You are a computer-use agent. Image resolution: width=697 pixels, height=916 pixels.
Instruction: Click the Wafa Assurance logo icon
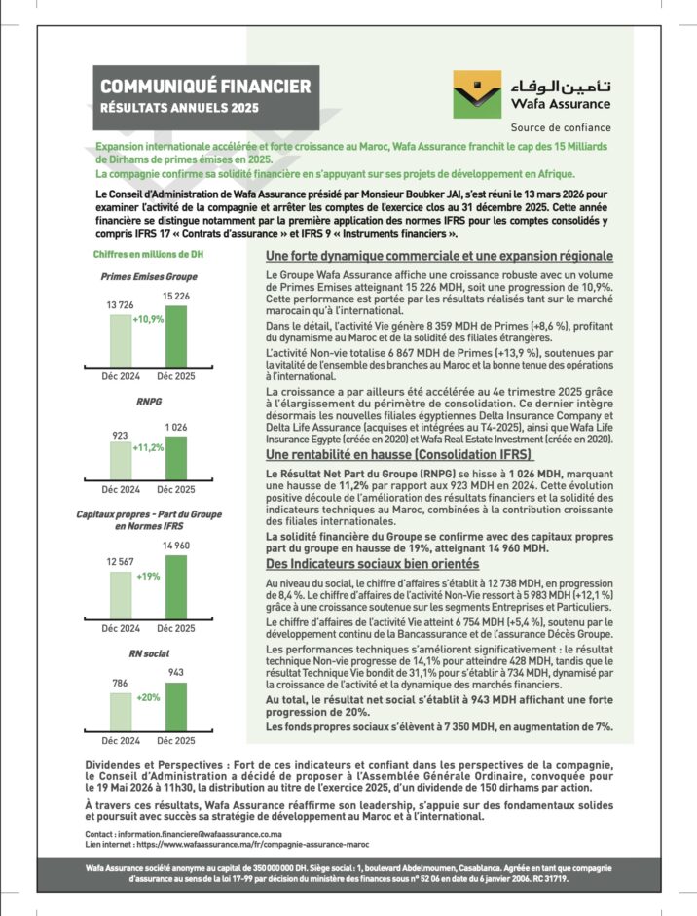(477, 93)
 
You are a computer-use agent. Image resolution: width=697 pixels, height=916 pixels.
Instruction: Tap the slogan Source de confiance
(561, 127)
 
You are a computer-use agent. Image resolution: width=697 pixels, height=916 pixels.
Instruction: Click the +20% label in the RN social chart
(148, 697)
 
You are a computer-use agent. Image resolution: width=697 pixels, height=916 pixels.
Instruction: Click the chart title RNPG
(148, 401)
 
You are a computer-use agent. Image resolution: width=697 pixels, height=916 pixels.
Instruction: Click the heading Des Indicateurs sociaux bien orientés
(373, 564)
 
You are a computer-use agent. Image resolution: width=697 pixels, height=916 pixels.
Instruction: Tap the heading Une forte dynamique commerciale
(439, 256)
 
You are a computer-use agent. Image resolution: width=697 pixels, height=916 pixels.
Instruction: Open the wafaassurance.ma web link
(233, 846)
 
